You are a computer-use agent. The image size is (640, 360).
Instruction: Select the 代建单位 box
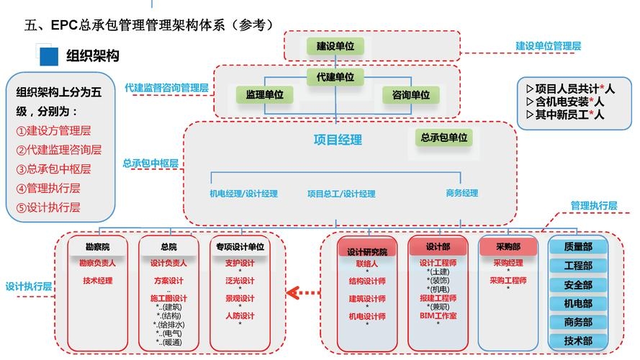(335, 76)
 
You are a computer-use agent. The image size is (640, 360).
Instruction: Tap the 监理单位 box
(264, 94)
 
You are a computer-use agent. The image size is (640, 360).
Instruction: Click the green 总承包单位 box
(444, 137)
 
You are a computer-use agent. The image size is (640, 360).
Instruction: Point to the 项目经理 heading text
(338, 140)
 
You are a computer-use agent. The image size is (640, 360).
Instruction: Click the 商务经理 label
(462, 194)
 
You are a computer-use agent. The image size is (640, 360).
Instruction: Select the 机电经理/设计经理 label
(243, 194)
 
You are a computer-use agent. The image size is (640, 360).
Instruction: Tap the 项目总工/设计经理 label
(341, 194)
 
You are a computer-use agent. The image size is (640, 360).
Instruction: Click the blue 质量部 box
(578, 247)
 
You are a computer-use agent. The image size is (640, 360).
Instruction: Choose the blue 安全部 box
(578, 284)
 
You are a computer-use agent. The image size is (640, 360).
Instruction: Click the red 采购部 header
(508, 246)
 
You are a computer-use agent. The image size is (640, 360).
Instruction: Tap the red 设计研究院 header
(367, 251)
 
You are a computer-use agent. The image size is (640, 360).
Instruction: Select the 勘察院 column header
(97, 247)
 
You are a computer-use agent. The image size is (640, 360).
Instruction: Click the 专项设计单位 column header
(240, 247)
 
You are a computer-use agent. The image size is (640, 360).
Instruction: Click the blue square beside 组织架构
(48, 56)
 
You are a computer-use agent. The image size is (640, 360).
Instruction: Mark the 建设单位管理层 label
(548, 45)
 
